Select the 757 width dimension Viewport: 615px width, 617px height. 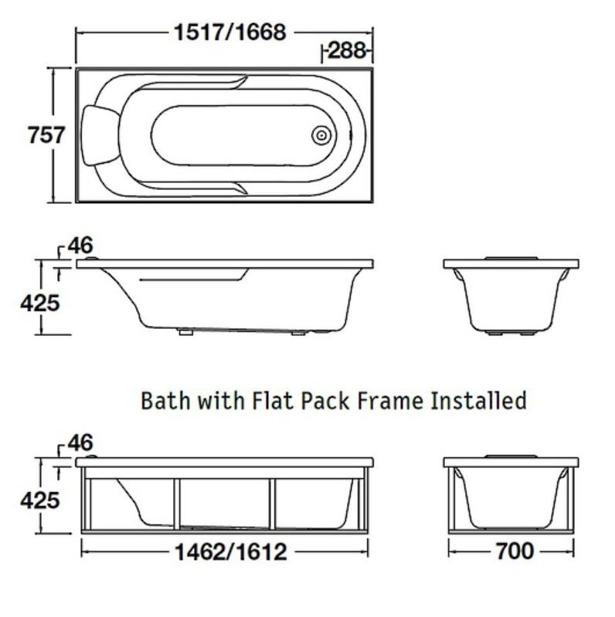pos(46,135)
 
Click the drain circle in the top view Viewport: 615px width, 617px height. pos(321,136)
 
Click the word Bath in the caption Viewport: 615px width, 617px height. pos(163,401)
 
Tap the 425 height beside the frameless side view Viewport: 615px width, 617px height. pos(39,302)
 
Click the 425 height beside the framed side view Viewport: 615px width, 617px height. pos(39,500)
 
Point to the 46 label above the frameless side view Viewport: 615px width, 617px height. pos(80,246)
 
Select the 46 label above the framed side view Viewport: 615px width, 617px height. pos(80,443)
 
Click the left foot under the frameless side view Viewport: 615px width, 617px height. pos(184,333)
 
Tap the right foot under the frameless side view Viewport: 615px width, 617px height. pos(298,334)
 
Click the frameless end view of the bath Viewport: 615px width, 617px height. pos(511,297)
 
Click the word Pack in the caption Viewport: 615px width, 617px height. pos(330,401)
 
